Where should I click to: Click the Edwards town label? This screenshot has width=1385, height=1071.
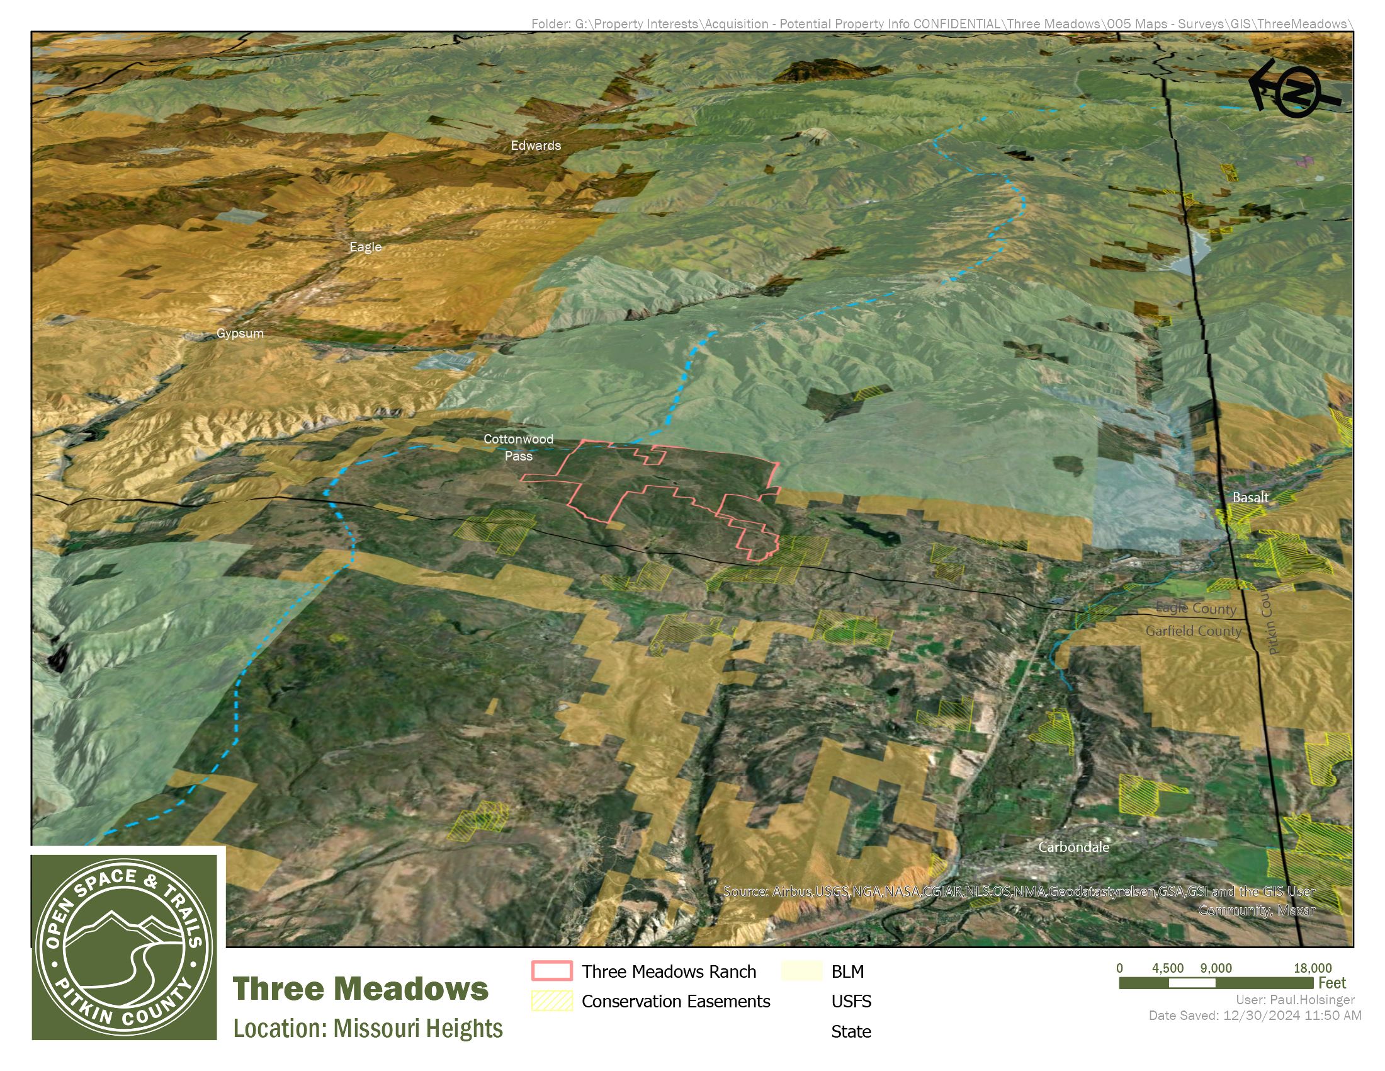536,146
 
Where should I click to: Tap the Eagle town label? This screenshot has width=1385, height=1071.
365,247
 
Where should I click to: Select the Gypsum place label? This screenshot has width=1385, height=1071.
240,333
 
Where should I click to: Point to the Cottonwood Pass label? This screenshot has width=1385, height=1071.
518,447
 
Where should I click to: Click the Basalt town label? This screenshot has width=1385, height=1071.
1250,498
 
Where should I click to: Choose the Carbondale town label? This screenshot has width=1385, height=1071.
1073,847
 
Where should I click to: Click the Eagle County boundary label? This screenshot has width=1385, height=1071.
1196,609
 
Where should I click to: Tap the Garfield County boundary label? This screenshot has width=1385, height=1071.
1193,631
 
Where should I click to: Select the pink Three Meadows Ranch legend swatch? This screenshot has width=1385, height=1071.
551,971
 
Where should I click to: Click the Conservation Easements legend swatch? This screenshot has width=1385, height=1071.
551,1001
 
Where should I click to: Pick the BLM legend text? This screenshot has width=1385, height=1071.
847,971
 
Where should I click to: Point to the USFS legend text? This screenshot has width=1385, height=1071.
851,1001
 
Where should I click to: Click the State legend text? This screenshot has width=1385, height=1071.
851,1032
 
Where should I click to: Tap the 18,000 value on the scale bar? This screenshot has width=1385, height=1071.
1312,968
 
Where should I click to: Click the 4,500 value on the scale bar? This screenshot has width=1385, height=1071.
1167,968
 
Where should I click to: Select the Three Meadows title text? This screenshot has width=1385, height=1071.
360,989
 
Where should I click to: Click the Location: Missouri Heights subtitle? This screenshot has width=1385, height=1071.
368,1029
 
